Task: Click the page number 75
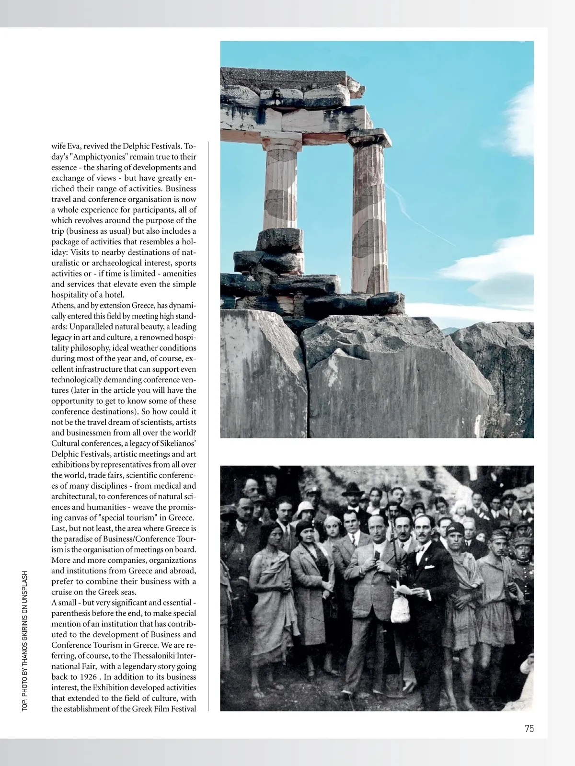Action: click(529, 729)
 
